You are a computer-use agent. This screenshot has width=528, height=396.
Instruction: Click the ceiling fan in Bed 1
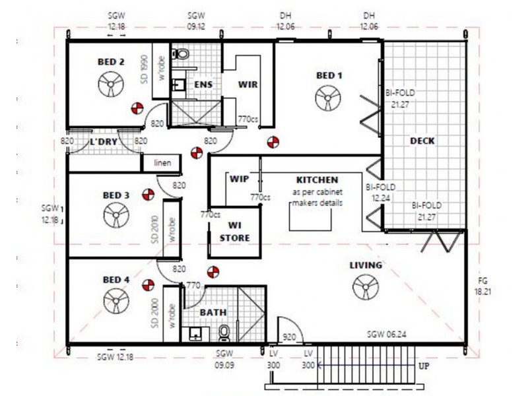(x=327, y=98)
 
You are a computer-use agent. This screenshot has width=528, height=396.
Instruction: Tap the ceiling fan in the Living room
(x=366, y=287)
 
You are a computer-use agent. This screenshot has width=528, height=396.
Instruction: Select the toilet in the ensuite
(x=180, y=54)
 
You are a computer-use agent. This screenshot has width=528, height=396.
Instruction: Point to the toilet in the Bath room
(x=224, y=333)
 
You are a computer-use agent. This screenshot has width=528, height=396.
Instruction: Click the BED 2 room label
(x=111, y=62)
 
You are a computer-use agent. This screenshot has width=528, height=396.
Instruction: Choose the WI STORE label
(x=235, y=232)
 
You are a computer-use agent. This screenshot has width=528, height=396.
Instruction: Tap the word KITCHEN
(x=317, y=180)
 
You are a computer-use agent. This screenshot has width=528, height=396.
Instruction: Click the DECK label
(x=422, y=141)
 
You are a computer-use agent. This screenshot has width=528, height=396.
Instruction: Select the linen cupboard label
(x=162, y=163)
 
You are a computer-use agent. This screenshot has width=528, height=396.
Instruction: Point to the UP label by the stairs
(x=424, y=366)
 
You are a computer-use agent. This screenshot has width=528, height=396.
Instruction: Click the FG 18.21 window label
(x=482, y=286)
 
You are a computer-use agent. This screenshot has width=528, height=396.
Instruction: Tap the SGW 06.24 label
(x=386, y=334)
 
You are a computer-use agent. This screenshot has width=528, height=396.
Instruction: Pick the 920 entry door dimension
(x=289, y=337)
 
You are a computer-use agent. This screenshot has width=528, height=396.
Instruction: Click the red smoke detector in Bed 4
(x=148, y=285)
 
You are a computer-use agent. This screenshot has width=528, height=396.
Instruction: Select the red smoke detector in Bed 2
(x=137, y=108)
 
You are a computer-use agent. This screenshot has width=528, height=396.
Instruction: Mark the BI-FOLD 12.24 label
(x=381, y=192)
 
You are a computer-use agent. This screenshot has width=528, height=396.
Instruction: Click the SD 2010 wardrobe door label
(x=155, y=229)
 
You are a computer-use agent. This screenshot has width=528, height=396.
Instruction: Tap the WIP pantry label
(x=239, y=178)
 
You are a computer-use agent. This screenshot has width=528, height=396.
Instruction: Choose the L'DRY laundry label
(x=104, y=141)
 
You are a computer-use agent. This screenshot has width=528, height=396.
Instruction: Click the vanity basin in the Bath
(x=195, y=334)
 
